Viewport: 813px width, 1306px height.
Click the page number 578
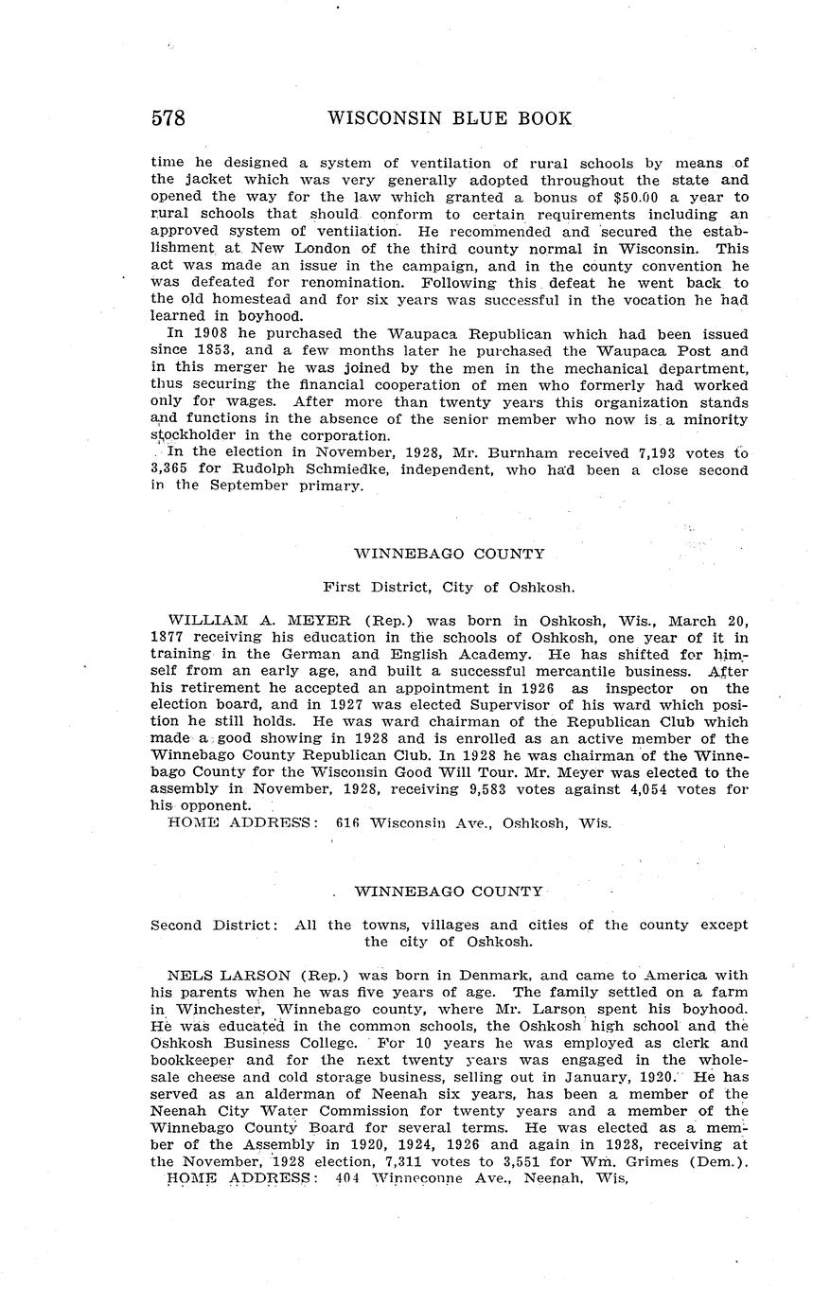[168, 118]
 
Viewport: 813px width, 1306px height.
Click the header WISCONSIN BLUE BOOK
[450, 118]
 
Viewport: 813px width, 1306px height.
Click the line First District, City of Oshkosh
[449, 587]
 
